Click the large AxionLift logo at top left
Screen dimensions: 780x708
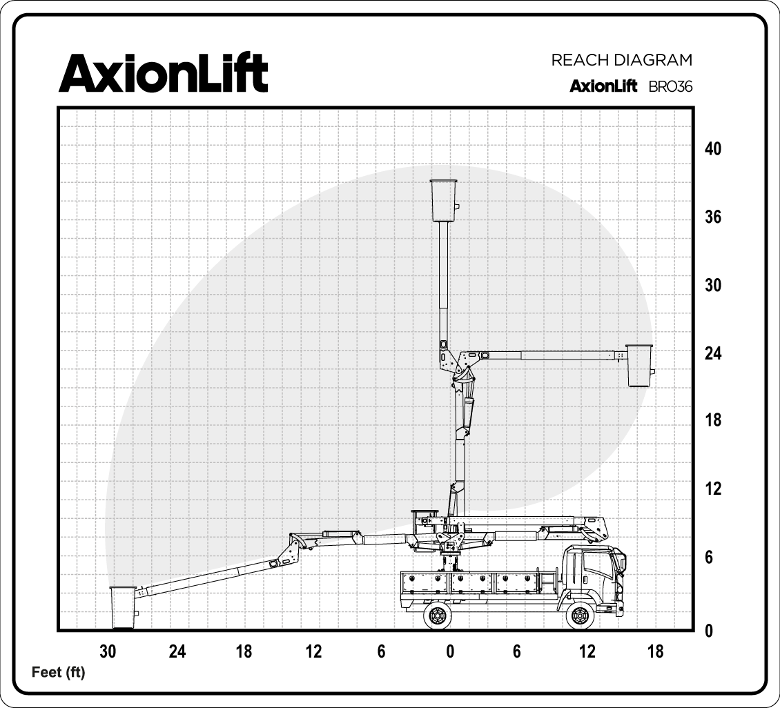coord(163,73)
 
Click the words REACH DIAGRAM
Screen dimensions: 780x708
coord(621,60)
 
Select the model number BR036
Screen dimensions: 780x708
coord(670,86)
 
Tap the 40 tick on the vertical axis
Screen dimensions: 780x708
coord(713,148)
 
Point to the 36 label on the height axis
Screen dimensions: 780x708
coord(713,217)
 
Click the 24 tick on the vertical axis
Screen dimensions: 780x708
coord(713,353)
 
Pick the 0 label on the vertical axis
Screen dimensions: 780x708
coord(709,631)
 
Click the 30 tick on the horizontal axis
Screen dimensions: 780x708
coord(108,651)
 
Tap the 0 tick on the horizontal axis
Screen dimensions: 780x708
coord(450,651)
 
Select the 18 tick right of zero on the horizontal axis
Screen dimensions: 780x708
coord(656,651)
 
